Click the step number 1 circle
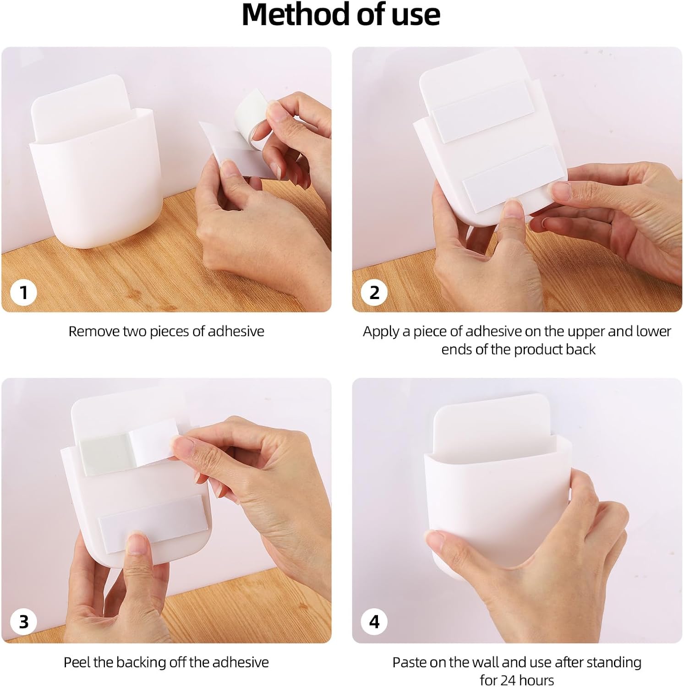tap(24, 292)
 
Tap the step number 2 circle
tap(374, 292)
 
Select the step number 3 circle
tap(24, 622)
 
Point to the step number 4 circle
tap(374, 622)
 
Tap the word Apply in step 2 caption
tap(381, 332)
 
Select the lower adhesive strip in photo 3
tap(151, 519)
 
